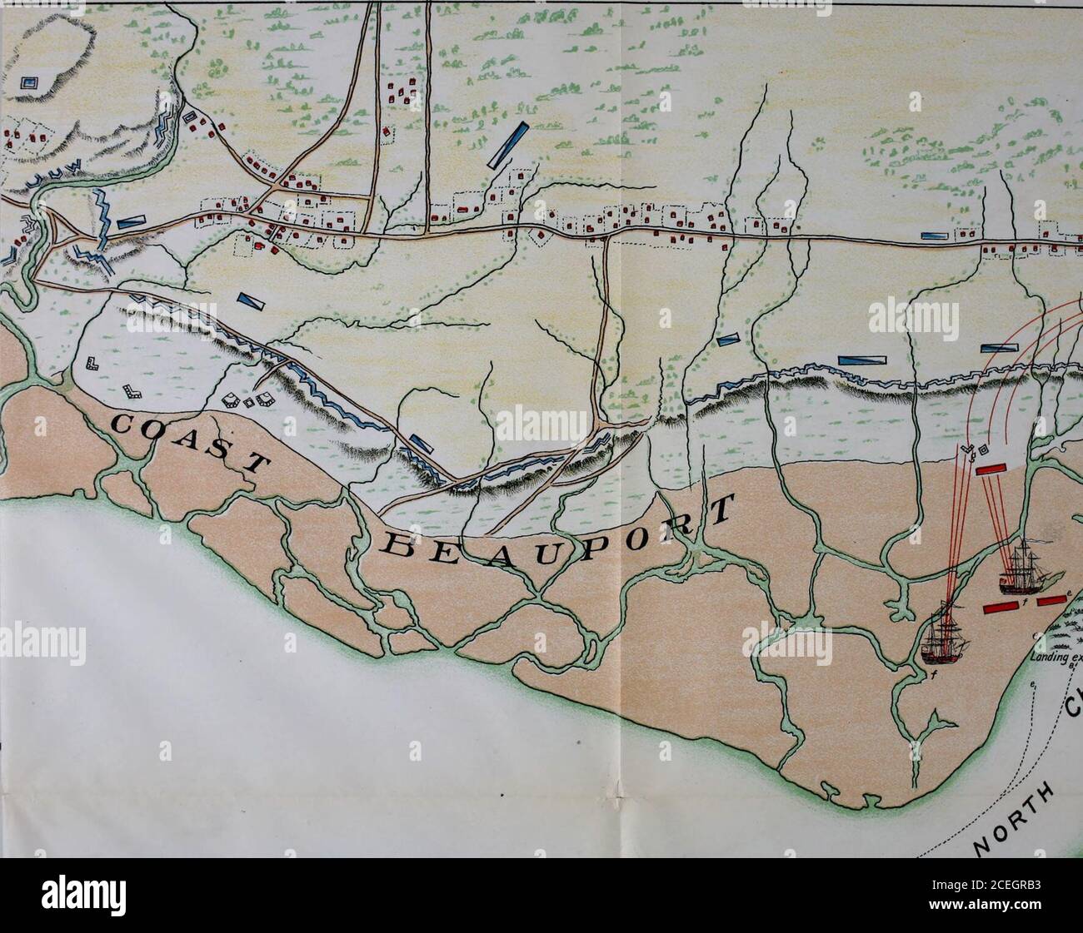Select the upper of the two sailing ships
point(1024,566)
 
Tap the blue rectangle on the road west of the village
point(130,222)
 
